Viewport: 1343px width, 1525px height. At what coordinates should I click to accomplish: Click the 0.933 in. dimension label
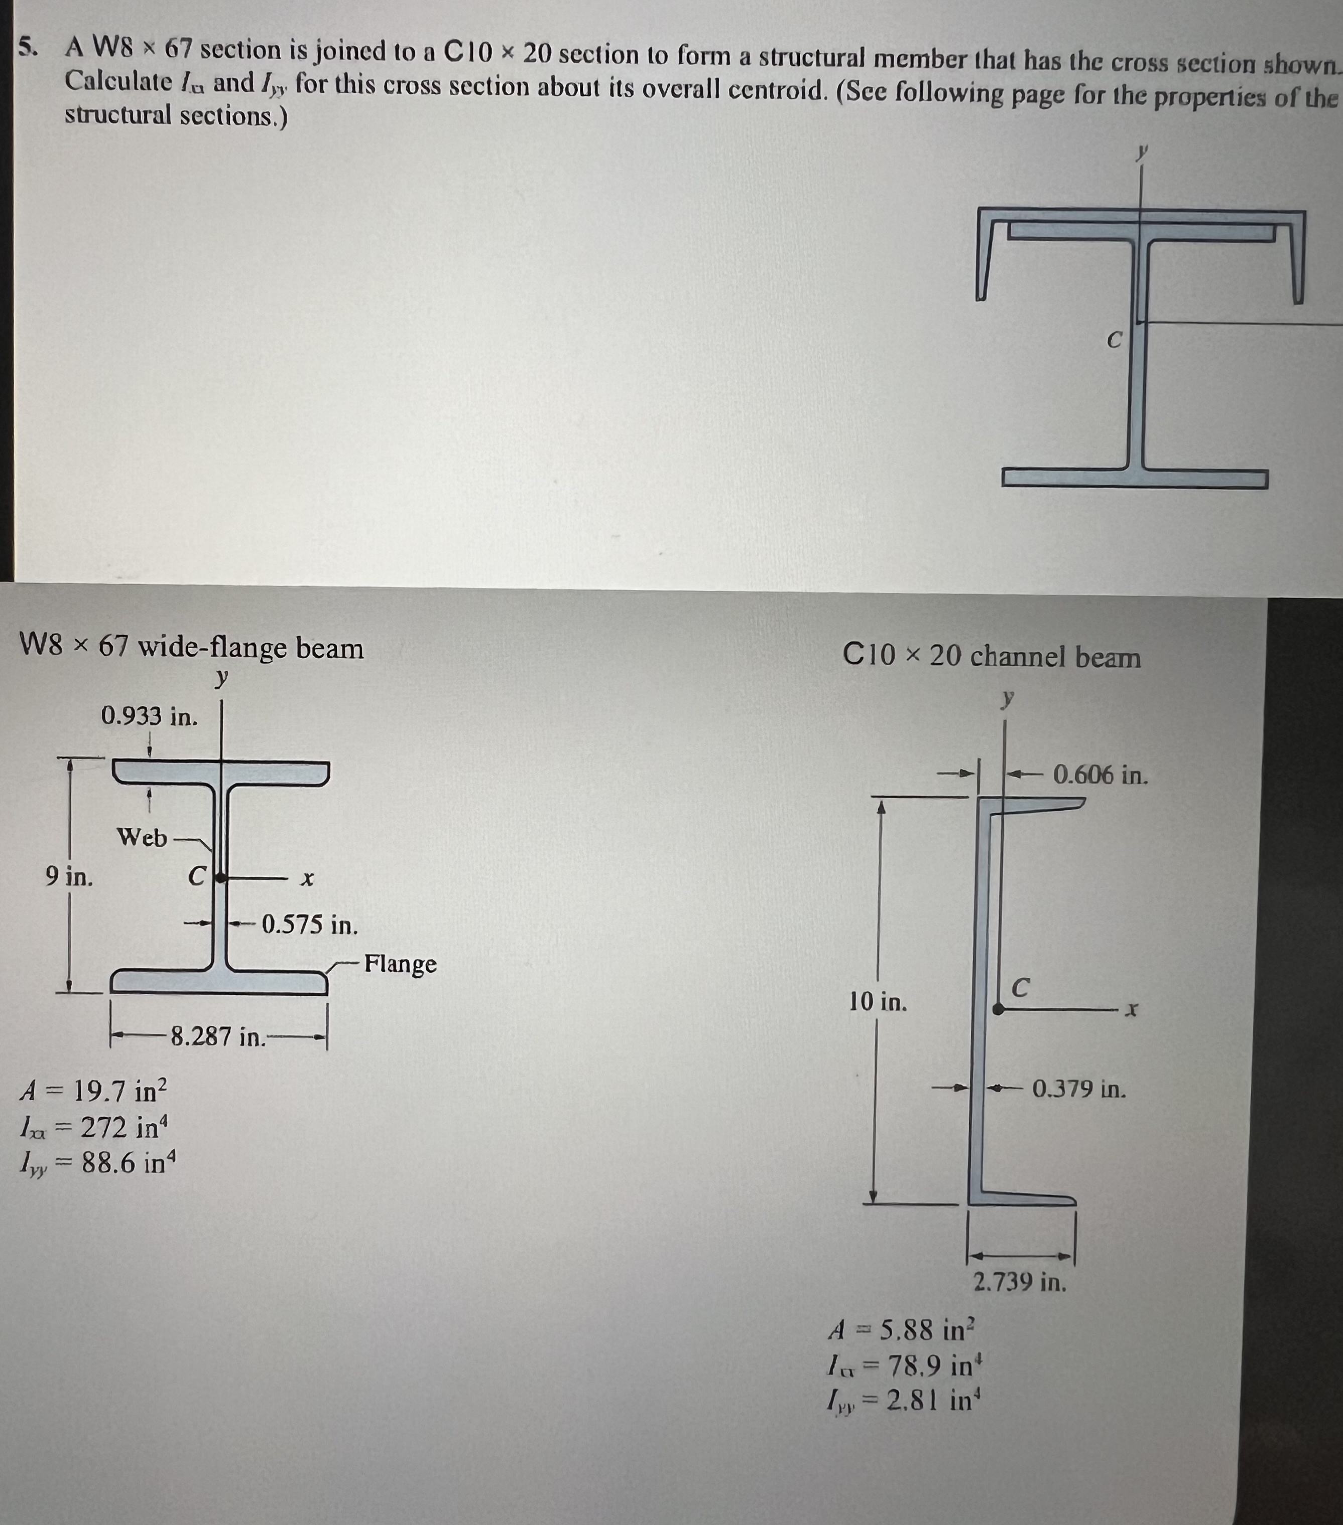click(149, 716)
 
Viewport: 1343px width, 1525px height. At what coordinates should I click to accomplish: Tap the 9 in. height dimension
click(69, 877)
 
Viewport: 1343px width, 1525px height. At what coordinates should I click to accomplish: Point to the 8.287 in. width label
click(218, 1036)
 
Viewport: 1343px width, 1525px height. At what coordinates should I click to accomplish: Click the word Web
click(142, 838)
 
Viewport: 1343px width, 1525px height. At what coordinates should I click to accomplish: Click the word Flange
click(400, 964)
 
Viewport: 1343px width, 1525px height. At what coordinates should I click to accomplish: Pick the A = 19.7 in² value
click(94, 1092)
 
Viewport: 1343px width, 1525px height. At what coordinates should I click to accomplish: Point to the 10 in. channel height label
click(878, 1001)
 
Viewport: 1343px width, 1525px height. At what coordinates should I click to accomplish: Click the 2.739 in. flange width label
click(1020, 1283)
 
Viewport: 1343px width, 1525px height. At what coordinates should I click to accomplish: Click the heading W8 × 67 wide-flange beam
click(192, 648)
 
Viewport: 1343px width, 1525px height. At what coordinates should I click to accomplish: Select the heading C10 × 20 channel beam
click(992, 657)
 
